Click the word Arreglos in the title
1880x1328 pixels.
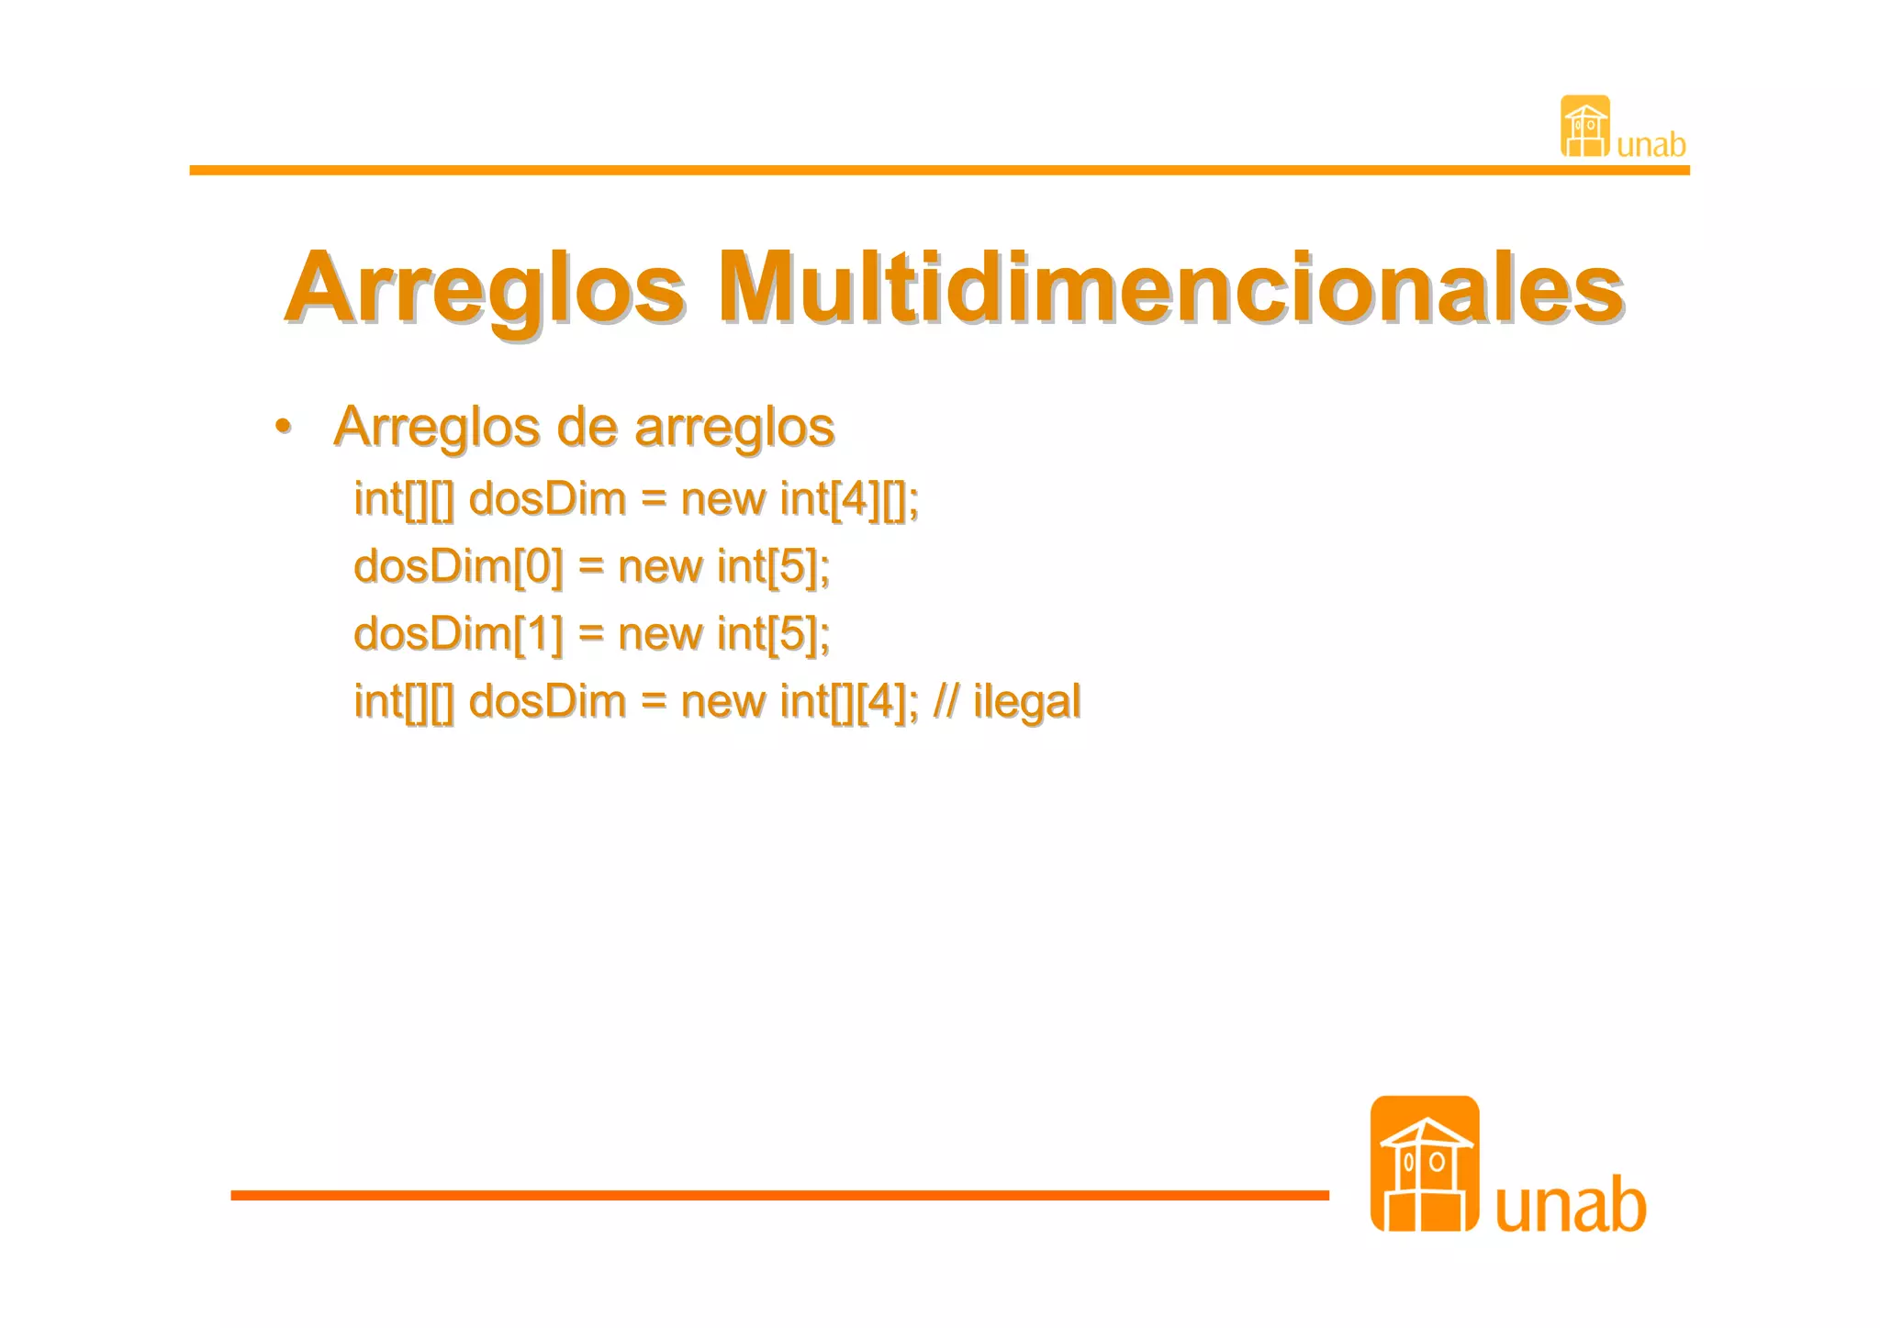coord(485,289)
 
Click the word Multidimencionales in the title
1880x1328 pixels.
coord(1169,289)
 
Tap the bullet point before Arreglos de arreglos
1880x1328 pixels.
coord(283,426)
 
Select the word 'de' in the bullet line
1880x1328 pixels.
coord(587,428)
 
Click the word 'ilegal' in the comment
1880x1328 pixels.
coord(1026,702)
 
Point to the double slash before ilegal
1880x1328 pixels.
coord(946,702)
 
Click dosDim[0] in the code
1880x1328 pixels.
coord(458,566)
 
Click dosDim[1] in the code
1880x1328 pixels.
coord(458,634)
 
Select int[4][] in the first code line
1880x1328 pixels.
coord(848,500)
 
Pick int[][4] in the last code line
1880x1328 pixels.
coord(848,702)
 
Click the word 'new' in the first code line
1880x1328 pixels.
coord(722,500)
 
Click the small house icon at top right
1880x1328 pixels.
coord(1584,127)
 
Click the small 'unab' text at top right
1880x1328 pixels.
coord(1651,145)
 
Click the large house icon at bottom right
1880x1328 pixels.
coord(1424,1164)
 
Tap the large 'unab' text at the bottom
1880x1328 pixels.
coord(1570,1205)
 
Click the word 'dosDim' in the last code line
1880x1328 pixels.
coord(547,702)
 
